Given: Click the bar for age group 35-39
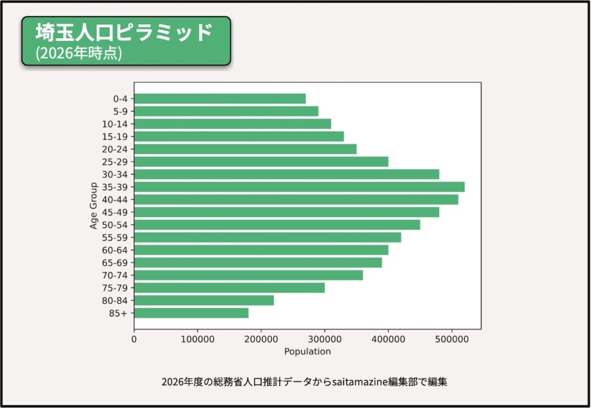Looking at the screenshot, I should coord(299,187).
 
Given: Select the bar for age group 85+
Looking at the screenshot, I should coord(191,313).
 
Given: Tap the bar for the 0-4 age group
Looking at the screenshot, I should coord(220,99).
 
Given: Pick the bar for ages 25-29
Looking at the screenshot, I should coord(261,162).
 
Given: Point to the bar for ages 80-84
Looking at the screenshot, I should coord(204,300).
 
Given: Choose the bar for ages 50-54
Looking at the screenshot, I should coord(277,224).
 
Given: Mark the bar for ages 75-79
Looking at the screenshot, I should coord(229,287).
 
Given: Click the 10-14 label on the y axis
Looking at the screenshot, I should coord(115,124).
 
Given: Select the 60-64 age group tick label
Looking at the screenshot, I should coord(115,250).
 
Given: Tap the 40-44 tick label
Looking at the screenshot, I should coord(115,200).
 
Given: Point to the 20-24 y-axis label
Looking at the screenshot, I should coord(115,149).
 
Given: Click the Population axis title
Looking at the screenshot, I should coord(308,351).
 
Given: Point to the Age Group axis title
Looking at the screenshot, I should coord(93,206).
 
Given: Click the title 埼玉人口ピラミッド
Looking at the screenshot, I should coord(124,32).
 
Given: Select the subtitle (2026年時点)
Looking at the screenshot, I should coord(78,53).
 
